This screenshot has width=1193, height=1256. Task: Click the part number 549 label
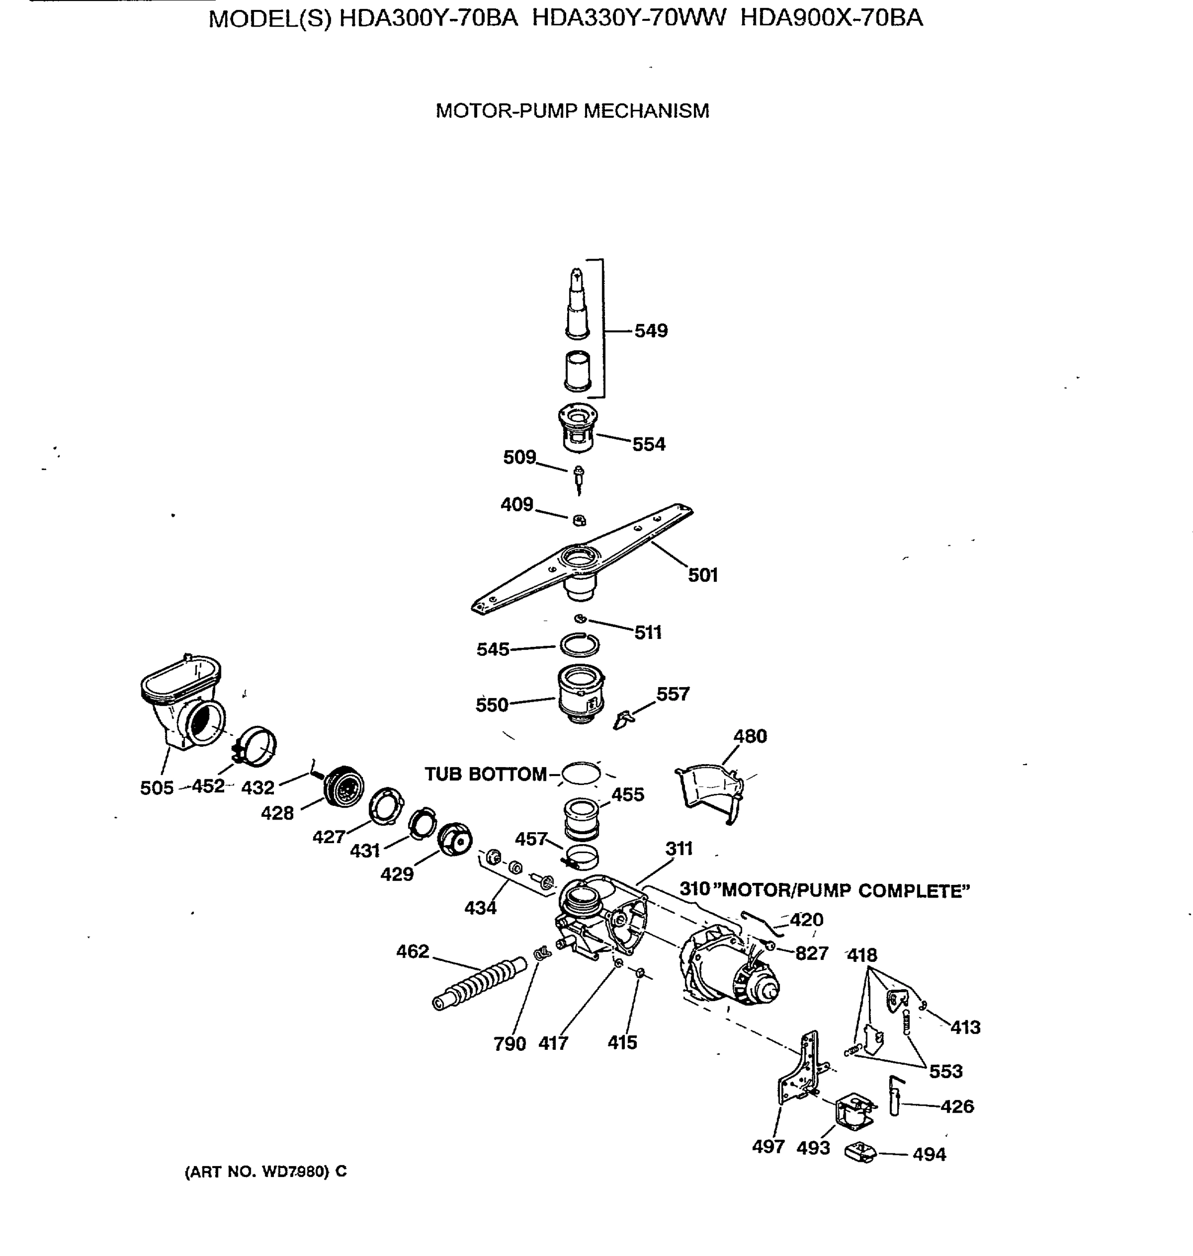pos(650,331)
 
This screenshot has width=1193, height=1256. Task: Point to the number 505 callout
pos(157,788)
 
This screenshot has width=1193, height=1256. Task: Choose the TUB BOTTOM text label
pos(485,774)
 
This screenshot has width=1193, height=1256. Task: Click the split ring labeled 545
pos(579,645)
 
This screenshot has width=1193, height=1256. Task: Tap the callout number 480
pos(750,736)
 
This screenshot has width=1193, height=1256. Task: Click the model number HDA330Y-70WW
pos(628,18)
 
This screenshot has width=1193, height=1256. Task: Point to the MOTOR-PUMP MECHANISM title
pos(572,110)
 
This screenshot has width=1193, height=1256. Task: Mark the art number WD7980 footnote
pos(265,1171)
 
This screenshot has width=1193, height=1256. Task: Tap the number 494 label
pos(929,1154)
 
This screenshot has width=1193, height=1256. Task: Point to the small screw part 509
pos(579,477)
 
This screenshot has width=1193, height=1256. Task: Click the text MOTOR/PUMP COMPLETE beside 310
pos(846,891)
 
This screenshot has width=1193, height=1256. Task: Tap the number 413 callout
pos(965,1027)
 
